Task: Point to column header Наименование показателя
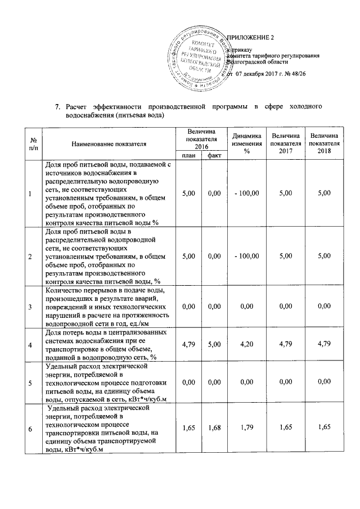tap(109, 144)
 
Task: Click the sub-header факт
tap(213, 155)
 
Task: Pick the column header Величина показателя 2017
tap(286, 143)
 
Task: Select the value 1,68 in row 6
tap(213, 429)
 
